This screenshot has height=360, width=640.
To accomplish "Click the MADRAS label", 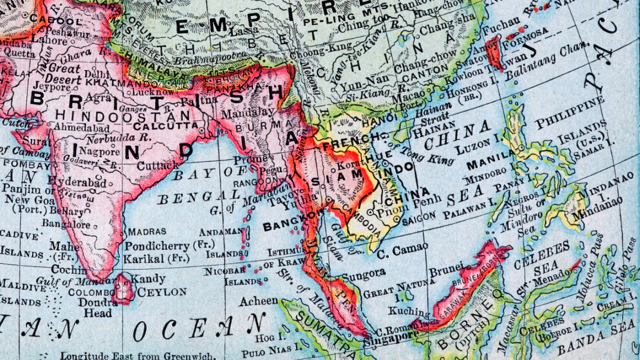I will click(147, 232).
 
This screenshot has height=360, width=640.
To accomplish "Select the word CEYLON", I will click(162, 292).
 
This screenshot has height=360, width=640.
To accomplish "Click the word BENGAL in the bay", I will click(198, 197).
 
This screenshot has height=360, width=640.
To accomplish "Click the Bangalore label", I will click(66, 224).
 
